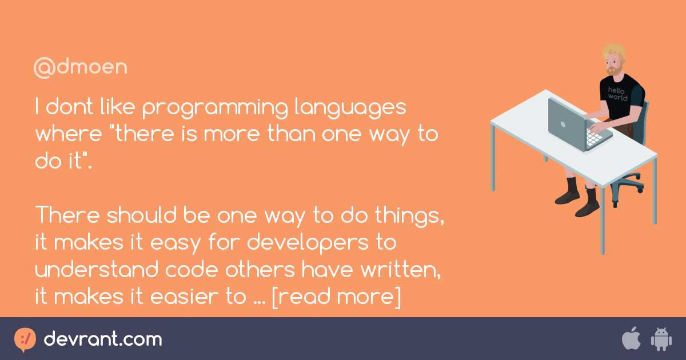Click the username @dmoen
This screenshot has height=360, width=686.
tap(80, 67)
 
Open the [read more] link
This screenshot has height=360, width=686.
tap(336, 298)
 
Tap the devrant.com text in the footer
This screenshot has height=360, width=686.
tap(103, 339)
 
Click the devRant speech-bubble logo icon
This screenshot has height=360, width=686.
tap(25, 339)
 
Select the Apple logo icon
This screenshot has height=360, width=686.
tap(631, 339)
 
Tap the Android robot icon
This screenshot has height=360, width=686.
tap(661, 339)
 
